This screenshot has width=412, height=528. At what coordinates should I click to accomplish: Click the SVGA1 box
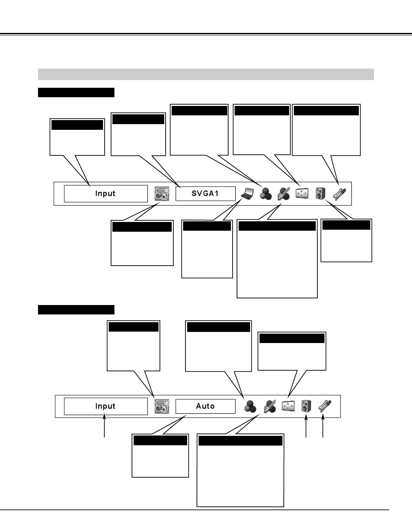205,194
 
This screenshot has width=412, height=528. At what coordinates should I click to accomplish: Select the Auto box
205,406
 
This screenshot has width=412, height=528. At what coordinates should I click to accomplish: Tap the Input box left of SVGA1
106,194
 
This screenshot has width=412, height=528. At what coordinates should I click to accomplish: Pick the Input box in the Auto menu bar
106,406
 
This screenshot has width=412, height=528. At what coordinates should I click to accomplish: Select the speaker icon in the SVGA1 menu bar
320,194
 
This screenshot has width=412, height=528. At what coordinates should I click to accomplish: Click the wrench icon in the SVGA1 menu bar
338,194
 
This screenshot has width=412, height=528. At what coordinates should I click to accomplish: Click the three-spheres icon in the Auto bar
250,406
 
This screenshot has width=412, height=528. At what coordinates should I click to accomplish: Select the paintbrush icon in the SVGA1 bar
283,194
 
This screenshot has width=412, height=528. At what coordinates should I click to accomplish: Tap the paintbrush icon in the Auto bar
269,406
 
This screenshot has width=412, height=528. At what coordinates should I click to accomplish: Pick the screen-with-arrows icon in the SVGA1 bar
302,194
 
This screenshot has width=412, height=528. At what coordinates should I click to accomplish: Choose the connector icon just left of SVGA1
162,194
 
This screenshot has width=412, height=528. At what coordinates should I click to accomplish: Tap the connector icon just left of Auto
162,406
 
